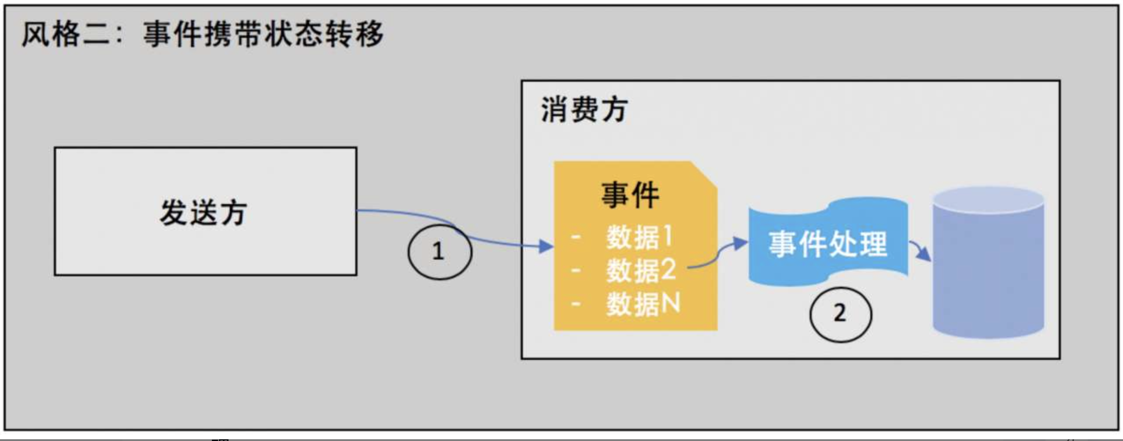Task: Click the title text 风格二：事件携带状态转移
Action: click(x=203, y=34)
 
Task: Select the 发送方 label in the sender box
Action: click(x=203, y=213)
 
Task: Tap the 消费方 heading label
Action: click(x=584, y=110)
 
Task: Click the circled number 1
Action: click(x=439, y=252)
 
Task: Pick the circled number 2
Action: click(x=840, y=314)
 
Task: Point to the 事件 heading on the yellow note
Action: click(x=630, y=195)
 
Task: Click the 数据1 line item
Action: click(x=639, y=237)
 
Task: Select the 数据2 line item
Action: click(x=641, y=270)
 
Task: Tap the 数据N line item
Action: click(x=643, y=303)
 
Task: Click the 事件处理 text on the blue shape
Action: click(x=827, y=244)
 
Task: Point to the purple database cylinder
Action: click(x=988, y=268)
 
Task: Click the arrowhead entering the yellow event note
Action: click(x=546, y=246)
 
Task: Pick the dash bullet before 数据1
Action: click(x=576, y=238)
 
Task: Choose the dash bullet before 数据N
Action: click(x=576, y=304)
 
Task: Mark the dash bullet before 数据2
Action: click(x=576, y=271)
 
